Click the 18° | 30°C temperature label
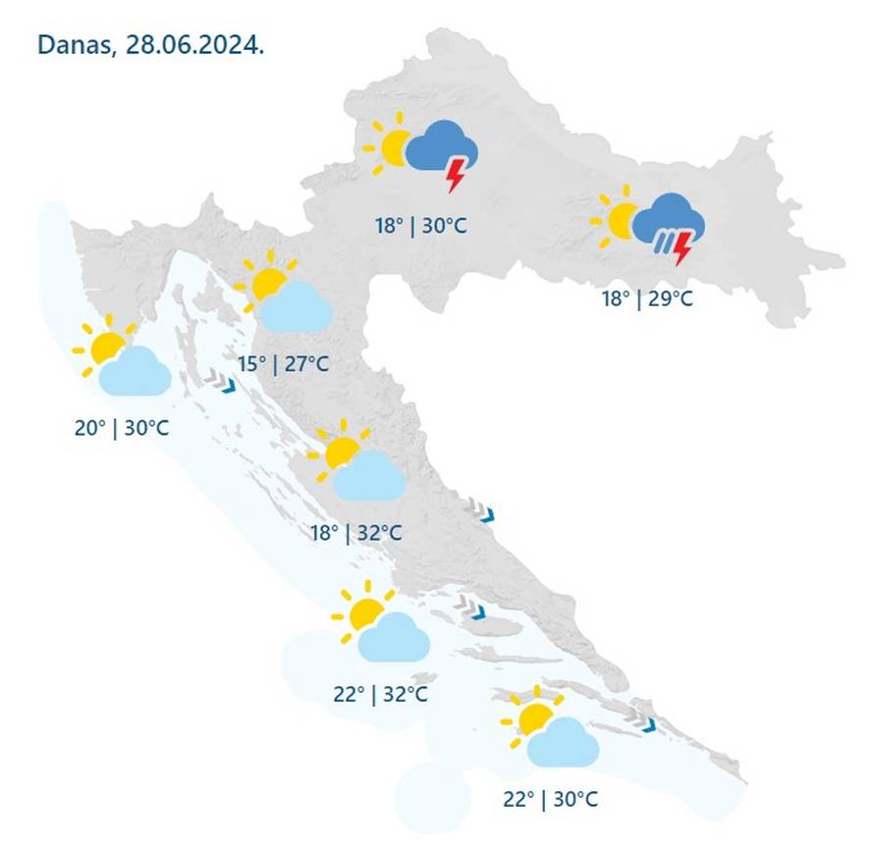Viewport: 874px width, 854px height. click(x=420, y=226)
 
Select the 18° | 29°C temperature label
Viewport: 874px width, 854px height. click(x=647, y=297)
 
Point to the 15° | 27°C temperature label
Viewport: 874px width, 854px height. click(x=283, y=364)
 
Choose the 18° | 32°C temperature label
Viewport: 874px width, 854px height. click(x=356, y=533)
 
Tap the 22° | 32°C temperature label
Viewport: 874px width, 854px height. click(x=381, y=695)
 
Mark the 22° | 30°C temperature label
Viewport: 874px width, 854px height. click(x=550, y=799)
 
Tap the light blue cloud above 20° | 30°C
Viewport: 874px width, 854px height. click(x=136, y=371)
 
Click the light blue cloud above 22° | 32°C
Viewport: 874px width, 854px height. click(x=393, y=637)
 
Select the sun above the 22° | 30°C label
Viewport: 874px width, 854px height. click(x=533, y=717)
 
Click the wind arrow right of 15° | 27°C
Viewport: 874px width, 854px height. click(x=221, y=382)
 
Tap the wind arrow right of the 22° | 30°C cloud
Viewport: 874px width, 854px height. click(x=645, y=724)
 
